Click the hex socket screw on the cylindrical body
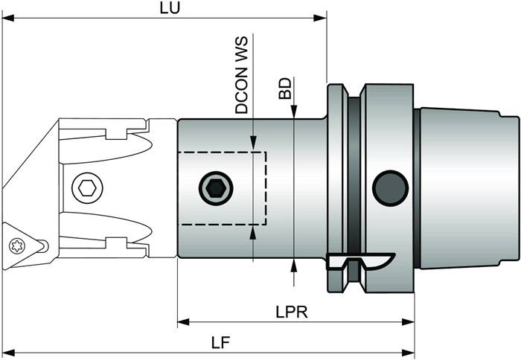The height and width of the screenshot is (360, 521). tap(215, 188)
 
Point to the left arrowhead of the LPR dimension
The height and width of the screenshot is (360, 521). tap(182, 323)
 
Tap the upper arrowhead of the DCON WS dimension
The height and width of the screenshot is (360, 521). tap(254, 145)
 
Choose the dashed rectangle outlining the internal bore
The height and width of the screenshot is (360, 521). tap(221, 188)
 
